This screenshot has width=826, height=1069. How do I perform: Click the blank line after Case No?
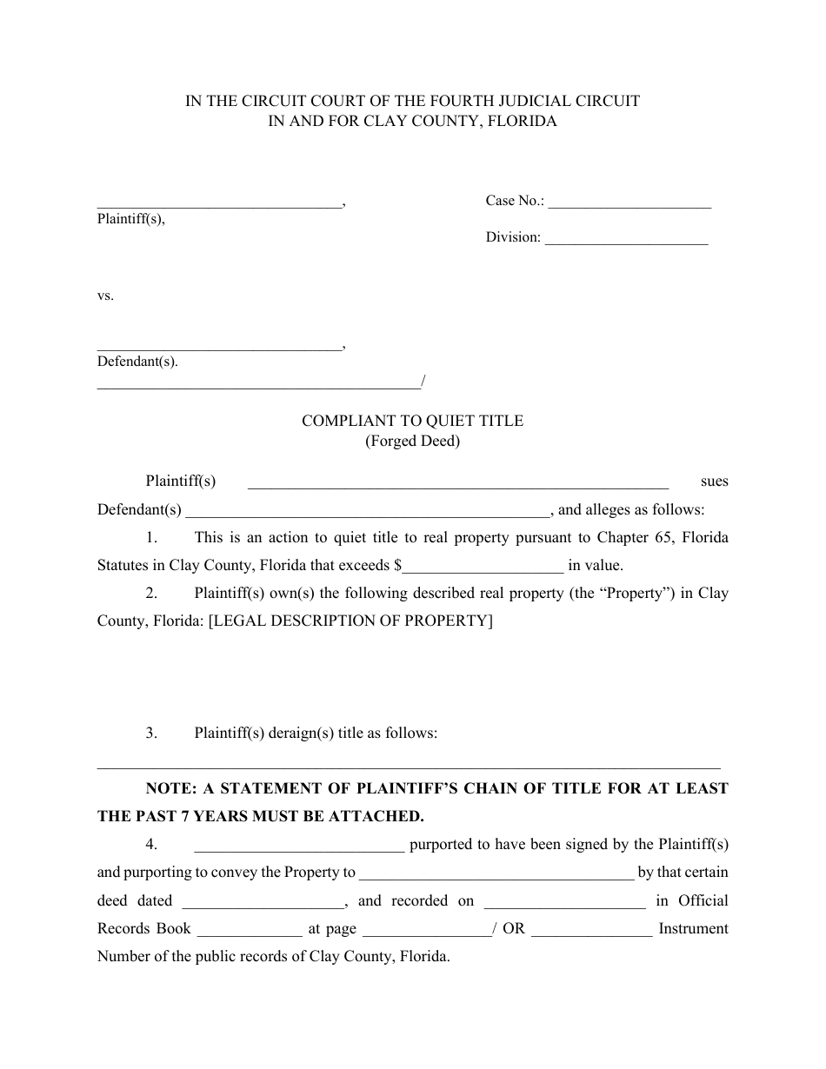(x=629, y=203)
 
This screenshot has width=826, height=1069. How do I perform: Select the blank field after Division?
(x=626, y=239)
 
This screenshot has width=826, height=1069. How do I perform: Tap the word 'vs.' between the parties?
(x=105, y=295)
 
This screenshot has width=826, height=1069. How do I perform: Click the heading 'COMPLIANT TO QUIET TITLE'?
(x=412, y=421)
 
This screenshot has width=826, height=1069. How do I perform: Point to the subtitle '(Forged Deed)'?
(x=412, y=441)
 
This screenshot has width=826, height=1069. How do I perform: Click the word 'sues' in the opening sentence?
(x=714, y=481)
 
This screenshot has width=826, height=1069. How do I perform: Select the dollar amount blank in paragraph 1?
(x=483, y=567)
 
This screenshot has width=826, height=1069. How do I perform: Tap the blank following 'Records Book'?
(x=250, y=930)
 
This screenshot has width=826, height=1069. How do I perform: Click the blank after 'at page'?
(x=426, y=930)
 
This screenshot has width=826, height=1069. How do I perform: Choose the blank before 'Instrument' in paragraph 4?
(x=591, y=930)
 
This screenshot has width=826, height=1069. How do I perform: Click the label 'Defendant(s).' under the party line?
(x=137, y=362)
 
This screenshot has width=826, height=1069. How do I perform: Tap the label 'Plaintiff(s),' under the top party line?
(x=130, y=219)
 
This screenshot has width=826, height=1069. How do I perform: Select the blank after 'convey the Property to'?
(x=496, y=873)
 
